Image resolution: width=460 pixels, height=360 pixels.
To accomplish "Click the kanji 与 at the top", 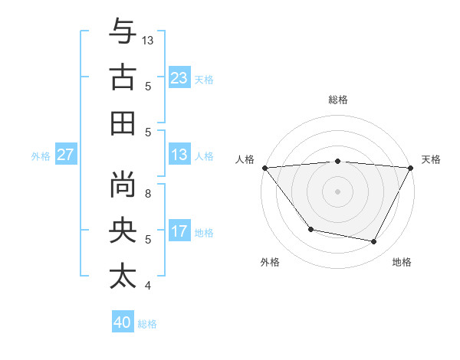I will tap(123, 32).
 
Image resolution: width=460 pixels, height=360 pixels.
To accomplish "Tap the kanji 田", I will tap(123, 123).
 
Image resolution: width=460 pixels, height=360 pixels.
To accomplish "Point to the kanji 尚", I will tap(123, 185).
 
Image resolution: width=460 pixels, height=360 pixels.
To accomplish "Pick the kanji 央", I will tap(123, 231).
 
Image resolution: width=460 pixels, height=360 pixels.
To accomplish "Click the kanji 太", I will tap(123, 276).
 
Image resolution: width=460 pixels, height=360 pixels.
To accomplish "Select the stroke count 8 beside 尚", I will tap(148, 193).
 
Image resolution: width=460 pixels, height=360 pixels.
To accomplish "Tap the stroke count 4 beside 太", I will tap(148, 286).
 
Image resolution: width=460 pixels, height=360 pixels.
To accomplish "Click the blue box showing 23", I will tap(179, 78).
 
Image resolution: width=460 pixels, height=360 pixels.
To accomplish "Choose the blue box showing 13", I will tap(179, 155).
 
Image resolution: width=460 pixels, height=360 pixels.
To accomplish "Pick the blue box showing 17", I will tap(179, 231).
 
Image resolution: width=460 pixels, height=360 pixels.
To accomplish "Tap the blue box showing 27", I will tap(66, 155).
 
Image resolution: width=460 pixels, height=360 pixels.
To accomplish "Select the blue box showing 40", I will tap(123, 322).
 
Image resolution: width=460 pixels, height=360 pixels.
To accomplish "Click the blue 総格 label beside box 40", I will tap(147, 324).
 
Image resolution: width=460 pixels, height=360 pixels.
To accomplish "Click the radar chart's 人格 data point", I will tap(264, 167).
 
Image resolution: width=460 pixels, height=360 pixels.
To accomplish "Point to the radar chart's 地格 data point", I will tap(374, 242).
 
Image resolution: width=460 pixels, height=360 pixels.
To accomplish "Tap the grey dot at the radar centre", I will tap(337, 191).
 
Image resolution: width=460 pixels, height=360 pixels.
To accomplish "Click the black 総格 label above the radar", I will tap(338, 100).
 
